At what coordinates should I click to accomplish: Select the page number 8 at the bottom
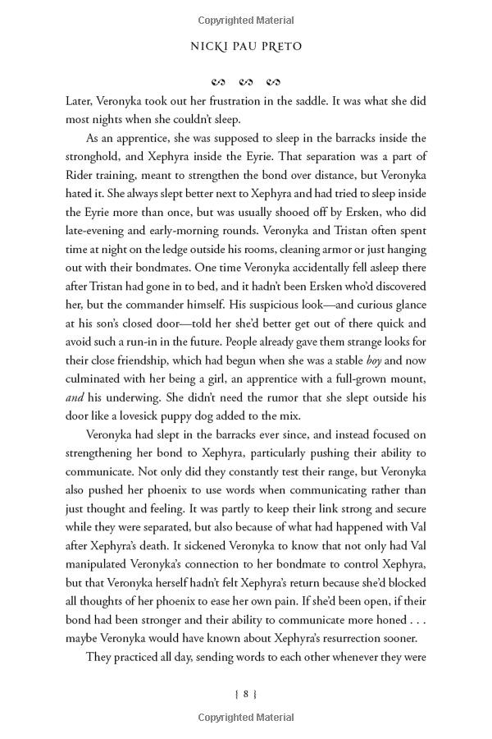coord(245,694)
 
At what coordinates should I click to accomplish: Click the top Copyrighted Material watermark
coord(245,16)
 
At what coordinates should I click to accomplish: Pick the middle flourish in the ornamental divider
coord(245,82)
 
